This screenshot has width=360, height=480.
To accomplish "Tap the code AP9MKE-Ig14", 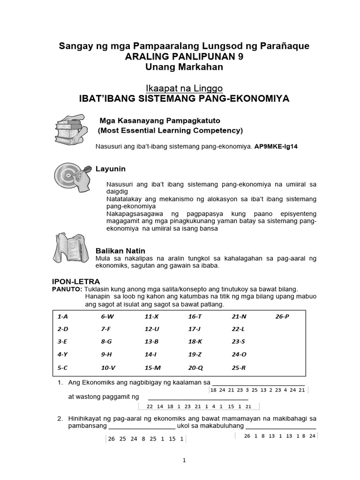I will [x=276, y=147].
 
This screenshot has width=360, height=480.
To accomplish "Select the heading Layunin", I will [x=111, y=169].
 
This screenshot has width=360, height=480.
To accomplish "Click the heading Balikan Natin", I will [x=120, y=250].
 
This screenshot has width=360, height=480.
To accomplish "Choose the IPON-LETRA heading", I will [x=75, y=281].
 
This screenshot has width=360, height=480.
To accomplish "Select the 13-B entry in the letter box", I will [x=152, y=342].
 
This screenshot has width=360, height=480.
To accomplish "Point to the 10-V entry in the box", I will [x=108, y=368].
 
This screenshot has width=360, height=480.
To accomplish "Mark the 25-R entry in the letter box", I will [x=239, y=368].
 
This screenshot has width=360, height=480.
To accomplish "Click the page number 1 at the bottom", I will [x=185, y=460].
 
